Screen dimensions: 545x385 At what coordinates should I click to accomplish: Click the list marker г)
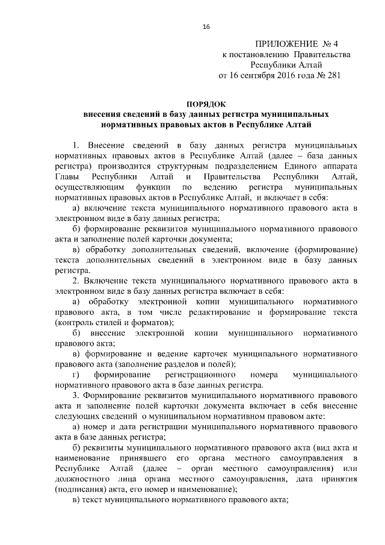click(76, 375)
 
